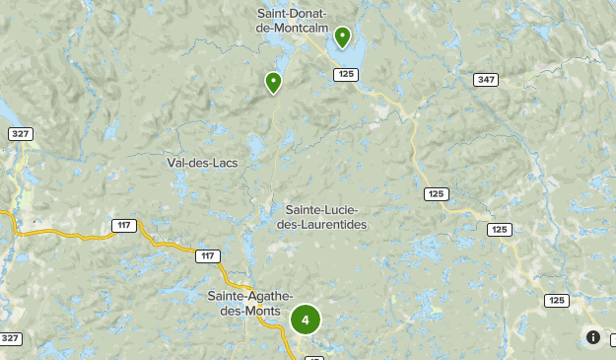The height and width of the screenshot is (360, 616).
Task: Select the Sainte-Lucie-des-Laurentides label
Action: pos(326,217)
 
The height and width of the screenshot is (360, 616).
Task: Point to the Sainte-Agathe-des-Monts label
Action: pos(243,304)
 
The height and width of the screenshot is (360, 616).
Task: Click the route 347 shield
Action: pos(485,79)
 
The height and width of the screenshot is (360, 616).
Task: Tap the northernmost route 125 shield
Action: pos(345,74)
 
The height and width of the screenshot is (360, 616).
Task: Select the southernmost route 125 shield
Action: pos(557,300)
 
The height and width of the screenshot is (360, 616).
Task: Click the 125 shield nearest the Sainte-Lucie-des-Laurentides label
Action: pos(437,194)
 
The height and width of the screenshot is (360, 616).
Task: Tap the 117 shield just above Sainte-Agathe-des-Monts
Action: pos(206,256)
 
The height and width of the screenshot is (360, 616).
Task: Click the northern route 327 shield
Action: pos(19,133)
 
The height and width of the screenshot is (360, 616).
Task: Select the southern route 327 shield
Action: pos(10,338)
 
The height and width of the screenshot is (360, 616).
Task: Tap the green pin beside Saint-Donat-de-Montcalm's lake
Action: pos(342,37)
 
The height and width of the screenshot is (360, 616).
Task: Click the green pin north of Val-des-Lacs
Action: pos(274,83)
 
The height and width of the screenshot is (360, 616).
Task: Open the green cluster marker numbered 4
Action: pos(306,320)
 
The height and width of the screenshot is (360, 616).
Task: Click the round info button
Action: pos(593,337)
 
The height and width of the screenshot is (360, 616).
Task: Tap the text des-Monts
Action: pos(243,311)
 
